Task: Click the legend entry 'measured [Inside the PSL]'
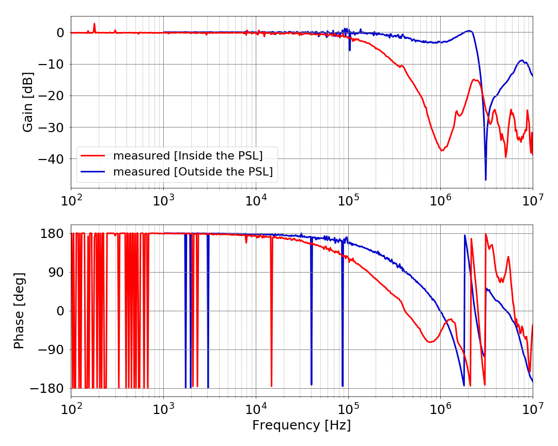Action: (188, 155)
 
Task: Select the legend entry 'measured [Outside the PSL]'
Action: (193, 172)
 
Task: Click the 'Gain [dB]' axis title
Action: (28, 102)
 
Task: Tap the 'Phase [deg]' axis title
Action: (19, 311)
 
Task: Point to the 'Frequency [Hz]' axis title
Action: (301, 425)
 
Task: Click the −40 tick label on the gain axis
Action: (50, 159)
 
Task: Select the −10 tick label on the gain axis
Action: (50, 64)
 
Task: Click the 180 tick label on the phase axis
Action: (53, 234)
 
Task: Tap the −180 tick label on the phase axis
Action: (46, 388)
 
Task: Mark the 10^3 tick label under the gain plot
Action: (163, 198)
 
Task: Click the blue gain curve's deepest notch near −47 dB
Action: (486, 179)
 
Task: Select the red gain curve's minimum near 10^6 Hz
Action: (442, 150)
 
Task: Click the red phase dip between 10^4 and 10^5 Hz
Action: (271, 385)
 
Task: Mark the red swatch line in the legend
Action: (94, 155)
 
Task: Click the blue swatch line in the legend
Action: (94, 172)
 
